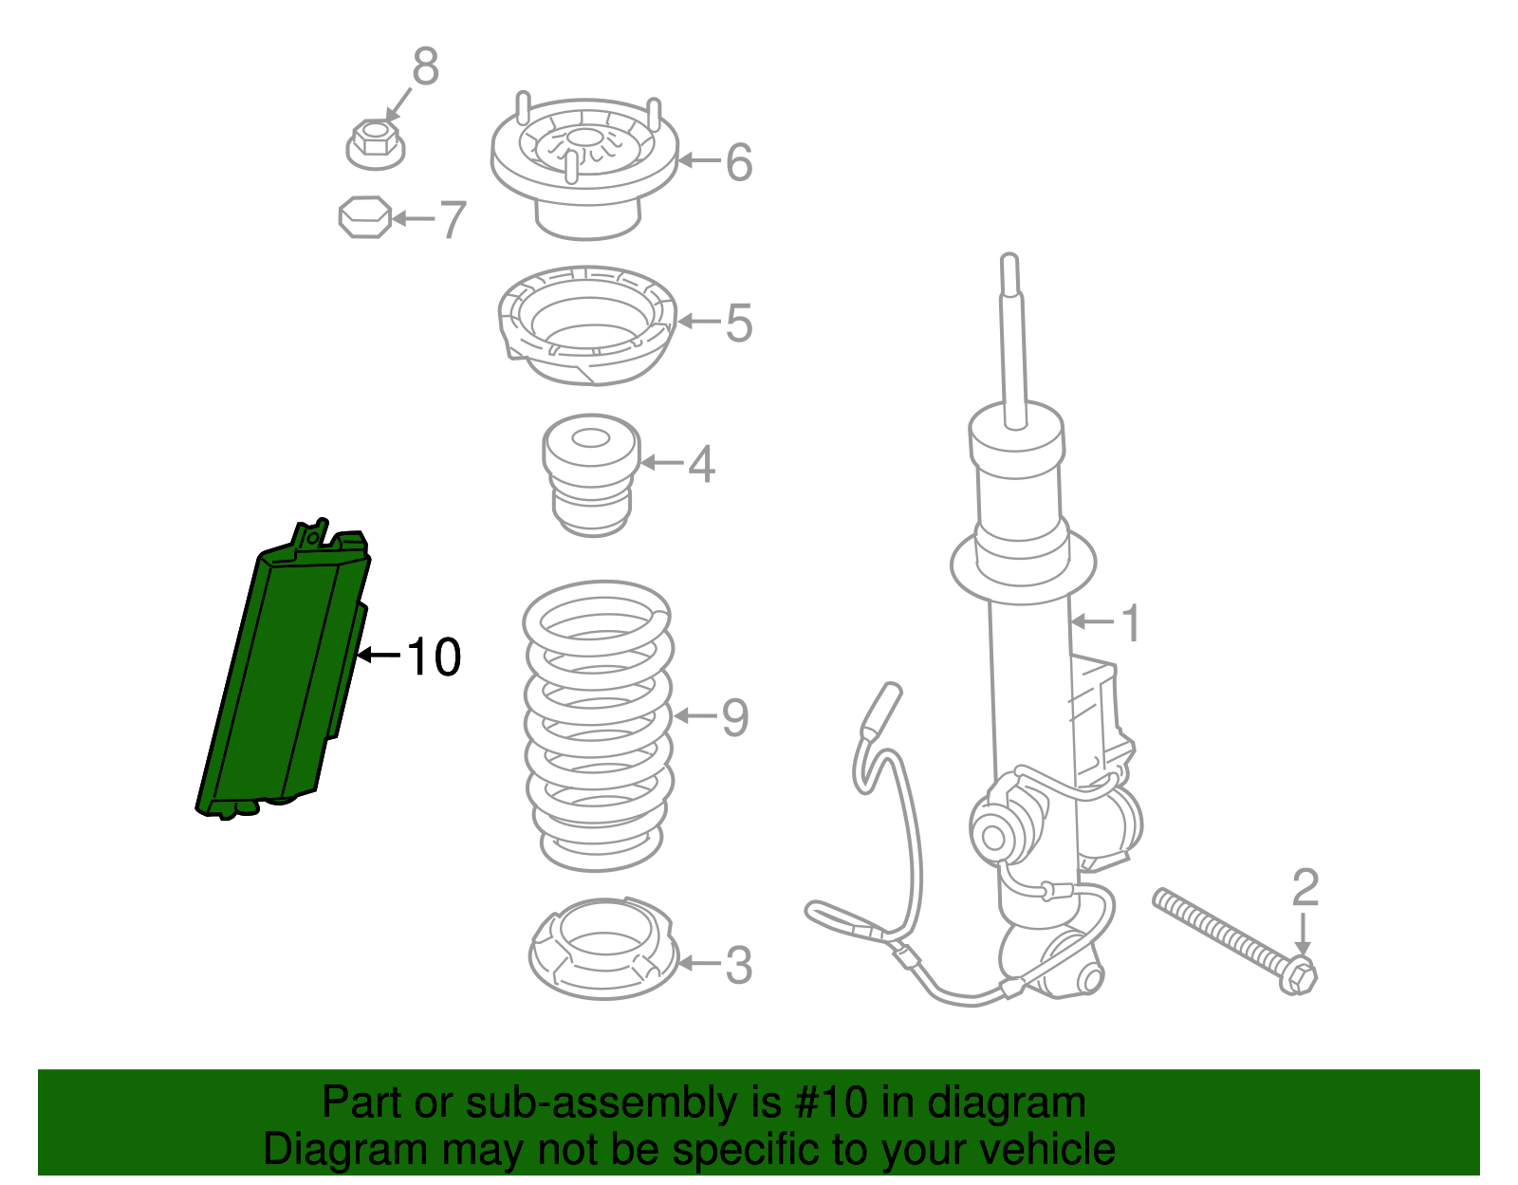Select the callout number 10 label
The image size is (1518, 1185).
point(434,657)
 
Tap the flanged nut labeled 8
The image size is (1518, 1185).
point(375,144)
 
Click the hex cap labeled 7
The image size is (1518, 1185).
point(365,217)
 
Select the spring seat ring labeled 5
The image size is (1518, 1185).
point(586,325)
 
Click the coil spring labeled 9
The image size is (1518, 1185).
point(598,726)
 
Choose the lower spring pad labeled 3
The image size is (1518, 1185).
point(602,949)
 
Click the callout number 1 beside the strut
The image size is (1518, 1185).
point(1129,623)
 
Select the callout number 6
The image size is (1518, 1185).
point(739,162)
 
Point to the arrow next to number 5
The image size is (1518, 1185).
point(700,323)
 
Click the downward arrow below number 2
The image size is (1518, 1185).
point(1305,935)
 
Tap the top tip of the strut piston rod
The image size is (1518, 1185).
point(1009,261)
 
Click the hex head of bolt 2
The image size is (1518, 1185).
point(1300,975)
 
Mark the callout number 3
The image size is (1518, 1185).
point(738,966)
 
